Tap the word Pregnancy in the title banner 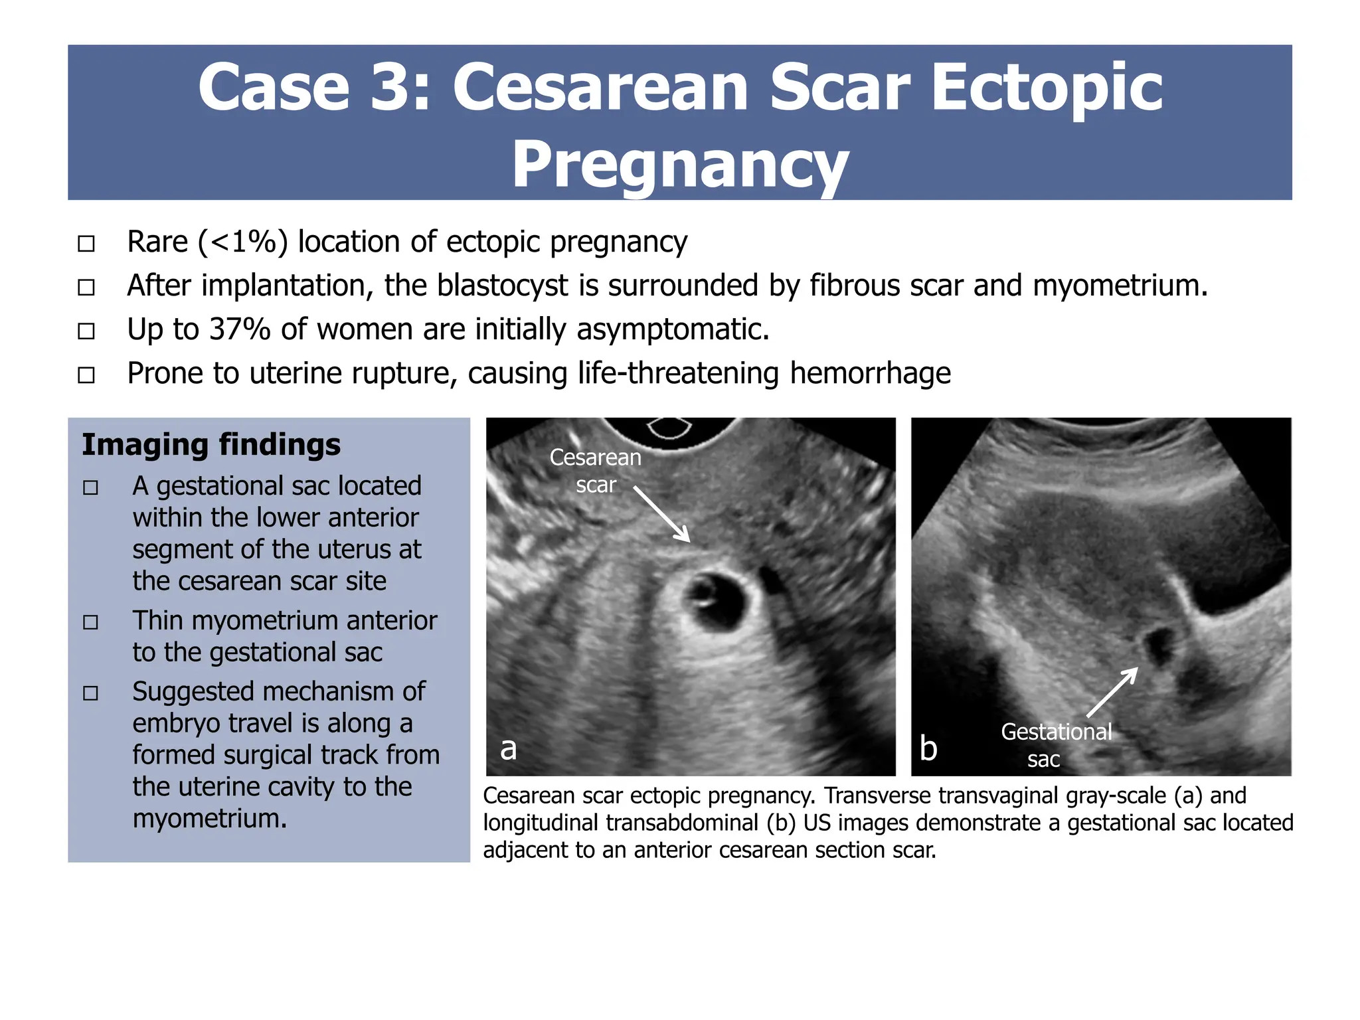click(x=680, y=165)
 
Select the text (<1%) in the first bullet click(x=243, y=242)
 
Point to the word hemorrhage click(x=870, y=373)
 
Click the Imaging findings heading click(x=211, y=445)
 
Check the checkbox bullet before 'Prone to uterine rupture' click(x=86, y=375)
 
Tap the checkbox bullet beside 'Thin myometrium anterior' click(x=91, y=622)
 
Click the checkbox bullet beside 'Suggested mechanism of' click(x=91, y=693)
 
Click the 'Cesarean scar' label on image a click(x=596, y=471)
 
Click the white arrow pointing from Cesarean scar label click(x=662, y=514)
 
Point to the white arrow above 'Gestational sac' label click(x=1112, y=693)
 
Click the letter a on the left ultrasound click(x=509, y=748)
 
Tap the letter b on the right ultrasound click(x=928, y=748)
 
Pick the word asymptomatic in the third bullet click(x=672, y=329)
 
